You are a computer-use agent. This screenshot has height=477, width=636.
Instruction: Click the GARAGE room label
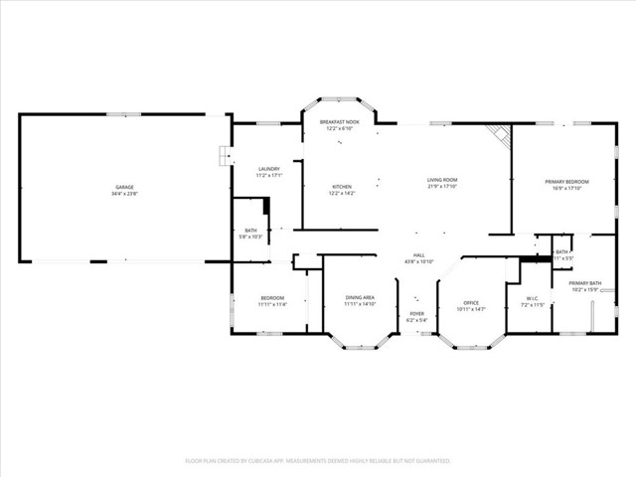click(124, 187)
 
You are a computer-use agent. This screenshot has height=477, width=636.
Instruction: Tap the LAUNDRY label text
click(268, 169)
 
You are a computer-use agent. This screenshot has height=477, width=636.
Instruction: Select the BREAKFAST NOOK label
click(339, 121)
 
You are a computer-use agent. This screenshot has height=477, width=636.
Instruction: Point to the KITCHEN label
click(342, 187)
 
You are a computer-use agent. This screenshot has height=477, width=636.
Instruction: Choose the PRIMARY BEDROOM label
click(566, 182)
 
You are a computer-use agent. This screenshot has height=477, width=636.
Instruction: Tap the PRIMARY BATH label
click(585, 283)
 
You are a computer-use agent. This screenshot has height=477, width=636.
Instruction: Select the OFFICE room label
click(472, 303)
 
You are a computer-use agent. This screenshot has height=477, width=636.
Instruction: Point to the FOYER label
click(416, 314)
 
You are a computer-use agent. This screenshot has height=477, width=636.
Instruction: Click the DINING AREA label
click(360, 298)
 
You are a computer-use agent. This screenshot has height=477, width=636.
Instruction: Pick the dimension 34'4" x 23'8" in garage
click(124, 194)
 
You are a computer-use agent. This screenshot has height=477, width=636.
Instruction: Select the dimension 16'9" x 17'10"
click(566, 189)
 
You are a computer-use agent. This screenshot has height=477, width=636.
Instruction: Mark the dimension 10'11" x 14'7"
click(472, 310)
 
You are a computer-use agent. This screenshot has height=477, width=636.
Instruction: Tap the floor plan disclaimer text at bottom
click(318, 460)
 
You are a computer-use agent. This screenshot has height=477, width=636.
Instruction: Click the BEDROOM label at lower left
click(272, 298)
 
